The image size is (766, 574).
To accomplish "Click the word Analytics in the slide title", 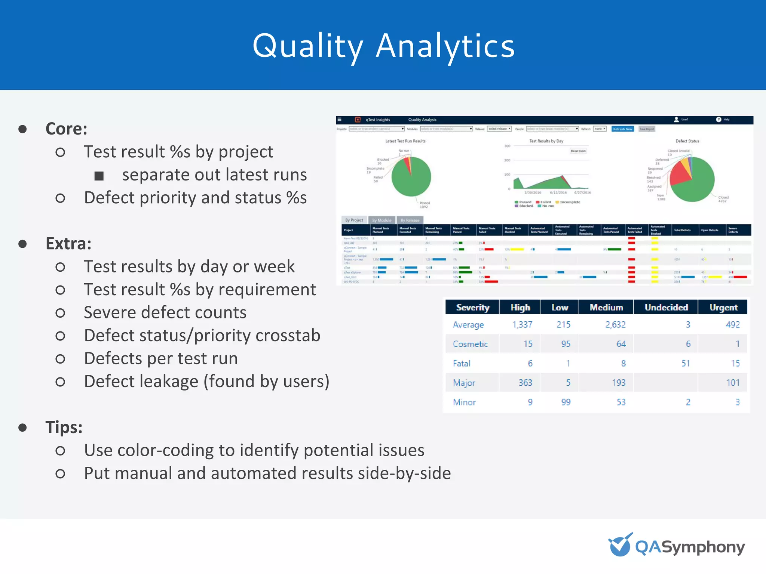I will pos(445,46).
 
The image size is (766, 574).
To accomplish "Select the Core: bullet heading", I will pos(66,129).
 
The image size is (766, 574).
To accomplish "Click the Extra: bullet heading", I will pos(68,244).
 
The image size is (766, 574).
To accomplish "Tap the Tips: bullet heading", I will pos(64,427).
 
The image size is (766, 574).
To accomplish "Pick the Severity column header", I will pos(472,307).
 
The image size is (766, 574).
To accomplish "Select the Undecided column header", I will pos(666,307).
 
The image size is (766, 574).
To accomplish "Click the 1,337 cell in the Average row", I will pos(522,324).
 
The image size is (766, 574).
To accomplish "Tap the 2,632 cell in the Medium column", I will pos(615,324).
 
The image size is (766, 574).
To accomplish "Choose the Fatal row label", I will pos(462,363).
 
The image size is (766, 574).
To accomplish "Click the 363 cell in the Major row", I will pos(525,383).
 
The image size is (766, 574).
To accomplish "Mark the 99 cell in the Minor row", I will pos(566,402).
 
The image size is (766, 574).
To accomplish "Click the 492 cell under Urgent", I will pos(732,324).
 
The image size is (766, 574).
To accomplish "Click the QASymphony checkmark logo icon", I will pos(620,545).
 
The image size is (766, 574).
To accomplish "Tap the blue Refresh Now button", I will pos(622,129).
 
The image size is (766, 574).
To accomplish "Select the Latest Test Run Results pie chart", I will pos(411,176).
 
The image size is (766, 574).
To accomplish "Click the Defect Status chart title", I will pos(687,141).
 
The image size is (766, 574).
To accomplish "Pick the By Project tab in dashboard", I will pos(354,220).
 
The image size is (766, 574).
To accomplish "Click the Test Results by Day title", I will pos(546,141).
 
